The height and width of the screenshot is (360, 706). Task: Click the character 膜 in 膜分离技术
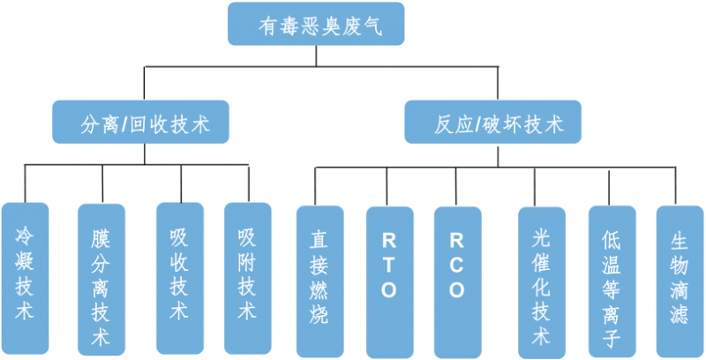[x=102, y=238]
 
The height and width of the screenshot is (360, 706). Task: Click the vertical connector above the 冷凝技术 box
[x=25, y=184]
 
